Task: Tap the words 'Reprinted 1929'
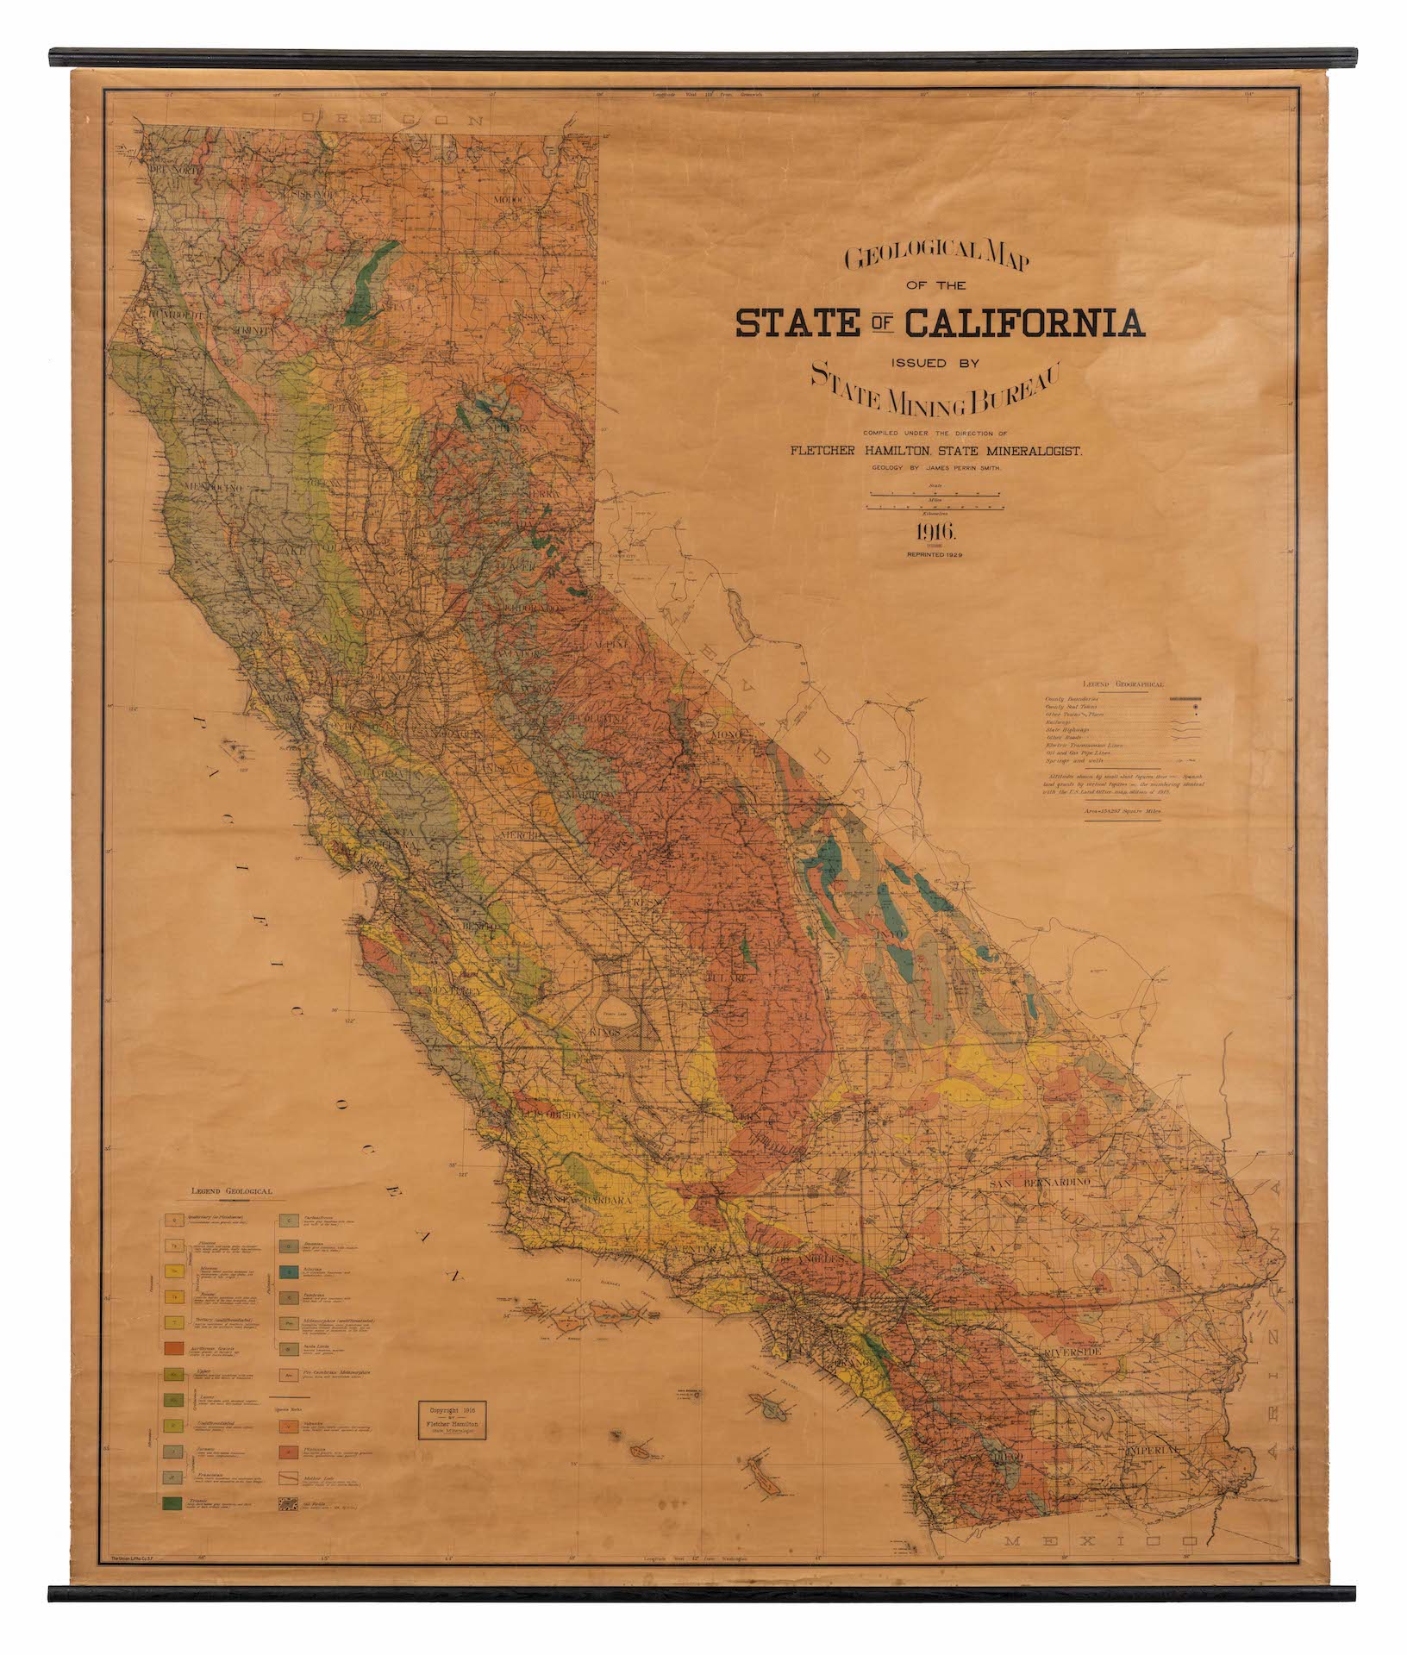click(935, 555)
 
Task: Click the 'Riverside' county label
click(1081, 1356)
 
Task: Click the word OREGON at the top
click(389, 120)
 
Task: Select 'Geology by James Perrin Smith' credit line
click(935, 466)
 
